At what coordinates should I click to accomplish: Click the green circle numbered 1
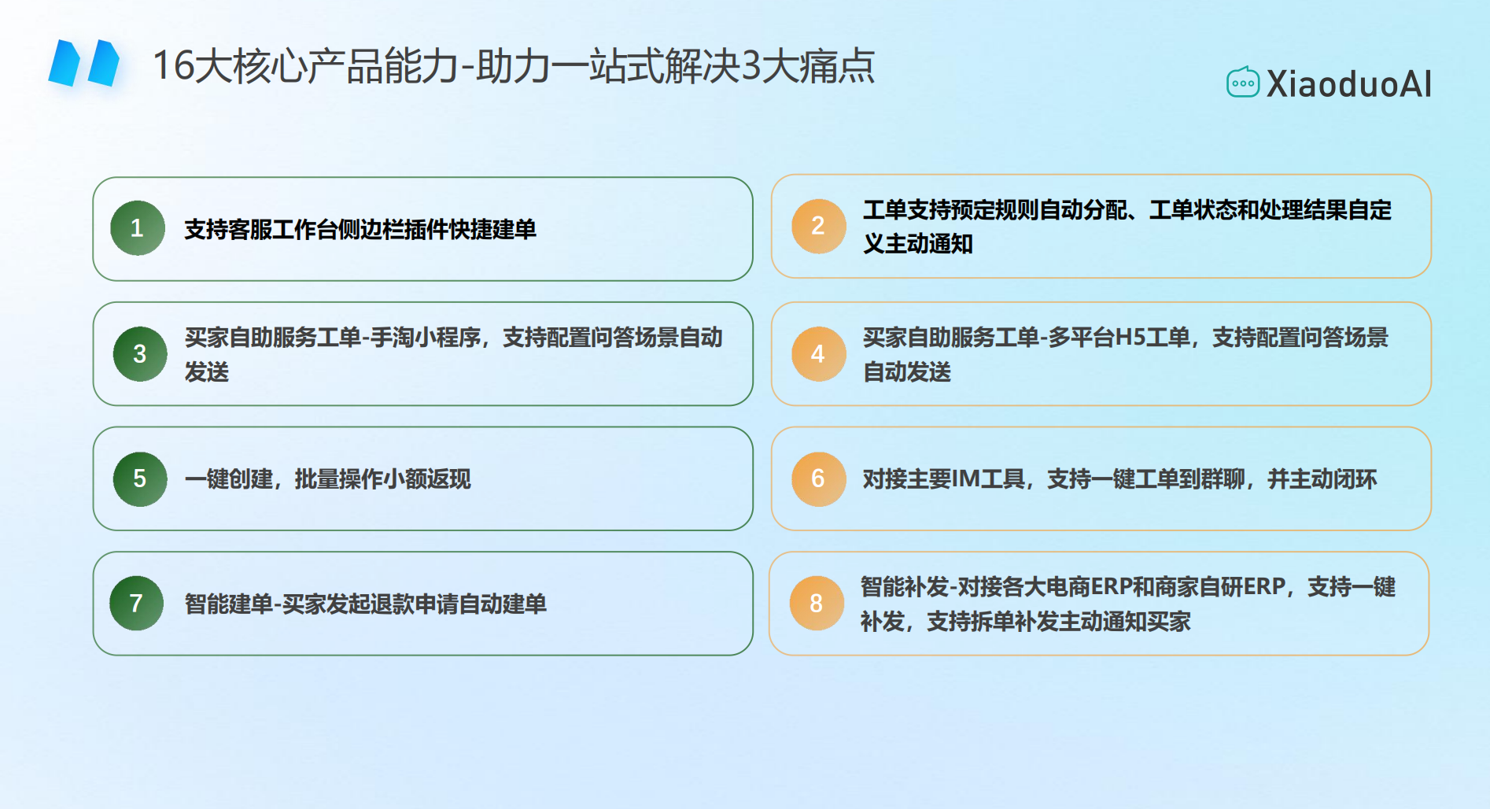click(x=138, y=228)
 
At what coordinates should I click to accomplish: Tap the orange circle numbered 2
click(x=818, y=226)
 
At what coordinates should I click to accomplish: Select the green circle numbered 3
click(x=140, y=354)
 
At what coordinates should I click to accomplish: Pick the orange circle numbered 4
click(x=818, y=354)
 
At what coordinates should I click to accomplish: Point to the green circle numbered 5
click(x=140, y=478)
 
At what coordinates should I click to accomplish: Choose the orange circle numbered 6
click(x=818, y=478)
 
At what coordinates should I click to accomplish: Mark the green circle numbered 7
click(x=137, y=604)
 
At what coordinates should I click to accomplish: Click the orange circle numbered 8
click(x=817, y=604)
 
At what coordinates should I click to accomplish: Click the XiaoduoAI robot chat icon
click(x=1243, y=83)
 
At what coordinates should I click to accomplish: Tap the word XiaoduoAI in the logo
click(x=1348, y=84)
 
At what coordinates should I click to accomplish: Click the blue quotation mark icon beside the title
click(x=84, y=63)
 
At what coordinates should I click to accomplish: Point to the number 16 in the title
click(x=173, y=65)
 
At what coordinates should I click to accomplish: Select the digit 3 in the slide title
click(x=751, y=65)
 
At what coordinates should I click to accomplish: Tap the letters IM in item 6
click(x=967, y=479)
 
